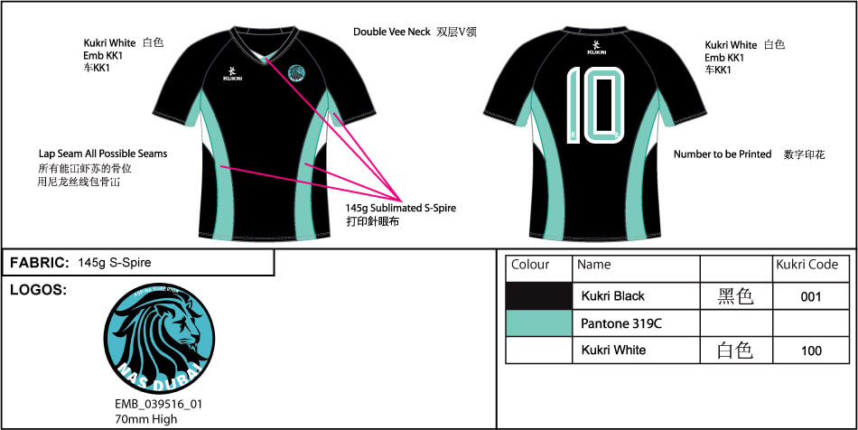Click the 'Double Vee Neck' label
click(391, 33)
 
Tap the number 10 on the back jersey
click(594, 106)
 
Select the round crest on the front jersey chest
click(295, 75)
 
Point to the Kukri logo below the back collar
click(596, 47)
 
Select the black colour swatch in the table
click(538, 296)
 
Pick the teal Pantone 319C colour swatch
click(538, 322)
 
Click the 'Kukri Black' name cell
click(613, 296)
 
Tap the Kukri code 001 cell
click(810, 296)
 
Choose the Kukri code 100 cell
click(810, 350)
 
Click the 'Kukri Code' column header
click(807, 266)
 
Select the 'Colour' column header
click(530, 266)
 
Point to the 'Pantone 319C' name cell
click(621, 322)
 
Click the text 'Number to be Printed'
click(723, 154)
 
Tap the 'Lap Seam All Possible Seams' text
click(102, 154)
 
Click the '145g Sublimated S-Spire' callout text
click(401, 208)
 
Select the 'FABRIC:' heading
click(40, 263)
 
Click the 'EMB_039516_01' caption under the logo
click(158, 405)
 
